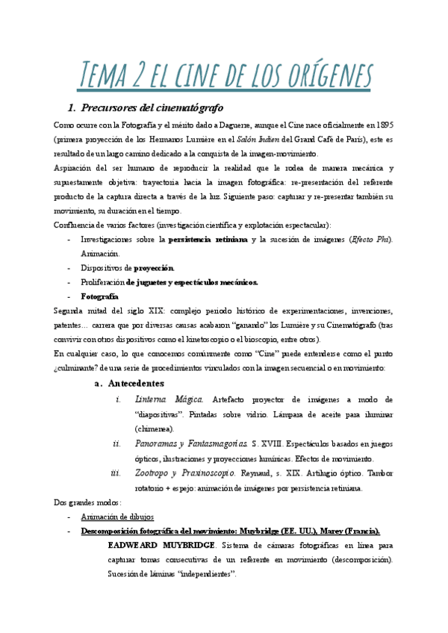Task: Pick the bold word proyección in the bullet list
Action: point(154,267)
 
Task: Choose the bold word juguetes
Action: point(153,281)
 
